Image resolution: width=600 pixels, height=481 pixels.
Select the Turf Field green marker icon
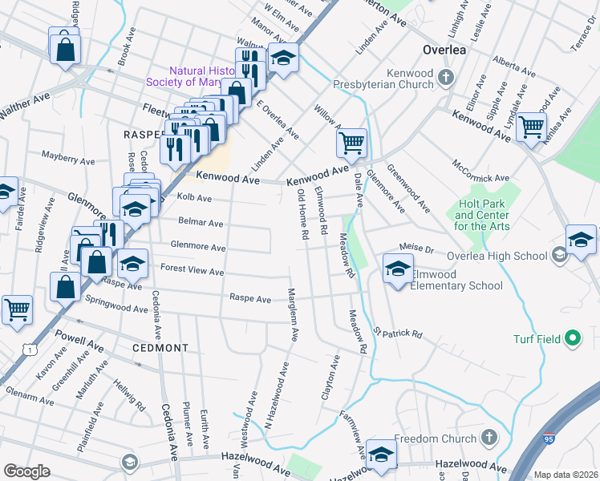(573, 339)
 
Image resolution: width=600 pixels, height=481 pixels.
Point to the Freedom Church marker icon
(490, 439)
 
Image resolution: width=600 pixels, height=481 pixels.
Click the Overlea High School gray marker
(560, 256)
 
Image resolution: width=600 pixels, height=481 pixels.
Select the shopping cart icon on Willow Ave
(351, 143)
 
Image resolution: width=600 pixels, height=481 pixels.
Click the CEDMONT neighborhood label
(162, 349)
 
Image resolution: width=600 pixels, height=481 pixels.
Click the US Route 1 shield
(29, 350)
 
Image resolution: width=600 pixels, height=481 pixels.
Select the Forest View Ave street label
(192, 271)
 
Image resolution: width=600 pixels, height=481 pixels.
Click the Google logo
(26, 471)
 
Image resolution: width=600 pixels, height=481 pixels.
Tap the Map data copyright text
(565, 475)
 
